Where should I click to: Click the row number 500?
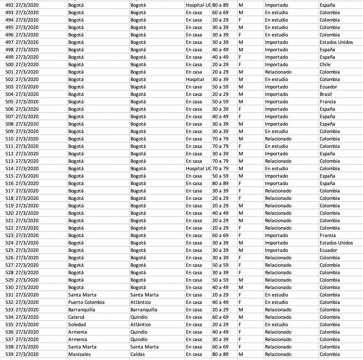[9, 65]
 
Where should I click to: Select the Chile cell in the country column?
[325, 65]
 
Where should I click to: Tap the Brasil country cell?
[326, 94]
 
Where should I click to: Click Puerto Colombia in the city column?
[86, 302]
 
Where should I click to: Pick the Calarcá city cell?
[76, 317]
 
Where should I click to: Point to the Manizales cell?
[79, 354]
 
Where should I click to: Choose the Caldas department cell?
[138, 354]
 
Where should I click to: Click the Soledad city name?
[77, 325]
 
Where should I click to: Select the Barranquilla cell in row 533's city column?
[82, 310]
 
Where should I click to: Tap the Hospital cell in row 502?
[195, 79]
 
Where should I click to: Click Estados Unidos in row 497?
[336, 42]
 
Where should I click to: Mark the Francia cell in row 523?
[328, 235]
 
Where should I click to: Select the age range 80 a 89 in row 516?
[220, 183]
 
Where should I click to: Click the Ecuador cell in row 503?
[329, 87]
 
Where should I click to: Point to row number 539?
[9, 354]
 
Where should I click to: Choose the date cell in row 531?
[27, 295]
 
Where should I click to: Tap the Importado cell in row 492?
[276, 5]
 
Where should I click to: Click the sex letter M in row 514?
[241, 169]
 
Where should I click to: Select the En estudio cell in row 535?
[276, 325]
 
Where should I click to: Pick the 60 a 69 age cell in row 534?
[220, 317]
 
